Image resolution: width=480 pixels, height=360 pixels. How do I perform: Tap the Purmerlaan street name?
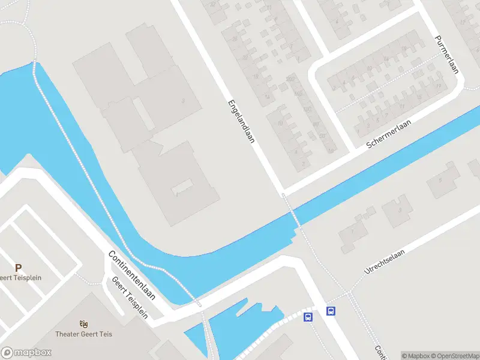(447, 54)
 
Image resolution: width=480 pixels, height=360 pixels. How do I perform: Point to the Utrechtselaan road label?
(385, 262)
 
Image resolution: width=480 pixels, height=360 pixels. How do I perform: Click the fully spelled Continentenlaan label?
(132, 275)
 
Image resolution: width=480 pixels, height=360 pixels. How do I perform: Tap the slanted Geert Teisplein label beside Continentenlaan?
(130, 298)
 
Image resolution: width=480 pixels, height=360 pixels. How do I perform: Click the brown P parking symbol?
(18, 268)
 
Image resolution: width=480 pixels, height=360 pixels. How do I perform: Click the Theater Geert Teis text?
(83, 334)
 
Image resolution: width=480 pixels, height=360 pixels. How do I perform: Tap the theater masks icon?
(83, 324)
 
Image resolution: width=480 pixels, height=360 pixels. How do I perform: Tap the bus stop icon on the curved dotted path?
(308, 317)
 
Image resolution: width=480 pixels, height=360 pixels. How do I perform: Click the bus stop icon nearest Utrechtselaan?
(331, 311)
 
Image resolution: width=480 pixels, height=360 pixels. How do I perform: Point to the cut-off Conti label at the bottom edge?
(379, 352)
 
